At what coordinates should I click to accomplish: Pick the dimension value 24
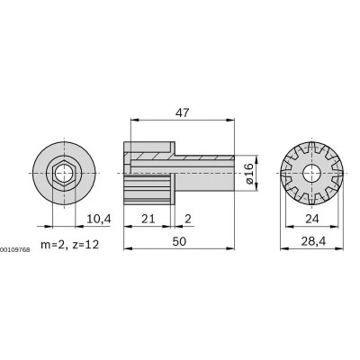pos(310,219)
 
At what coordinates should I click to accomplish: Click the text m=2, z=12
pos(60,245)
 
